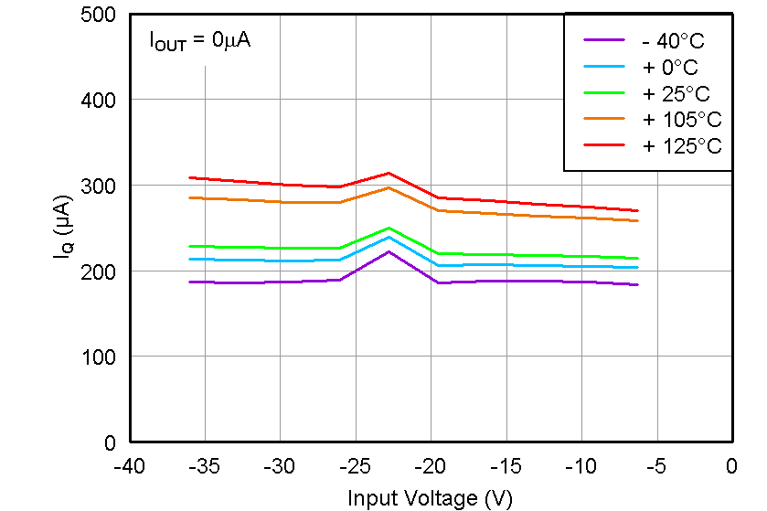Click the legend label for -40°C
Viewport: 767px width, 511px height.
click(x=674, y=40)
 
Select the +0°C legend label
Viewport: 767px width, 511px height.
click(x=669, y=67)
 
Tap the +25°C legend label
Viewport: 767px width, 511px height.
click(x=676, y=93)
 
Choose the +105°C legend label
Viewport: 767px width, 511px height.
click(x=681, y=119)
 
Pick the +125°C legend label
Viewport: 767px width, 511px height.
click(x=681, y=145)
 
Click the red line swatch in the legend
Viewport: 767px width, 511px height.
click(x=604, y=145)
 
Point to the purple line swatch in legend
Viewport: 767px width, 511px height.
click(x=604, y=40)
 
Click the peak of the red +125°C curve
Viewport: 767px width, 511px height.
click(x=389, y=173)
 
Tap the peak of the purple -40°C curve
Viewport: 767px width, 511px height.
click(x=389, y=251)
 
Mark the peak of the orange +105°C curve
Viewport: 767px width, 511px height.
click(x=389, y=187)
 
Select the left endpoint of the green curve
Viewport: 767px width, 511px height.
click(x=190, y=246)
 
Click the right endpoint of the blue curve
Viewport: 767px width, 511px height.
click(x=637, y=268)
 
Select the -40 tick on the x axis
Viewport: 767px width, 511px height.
click(x=129, y=466)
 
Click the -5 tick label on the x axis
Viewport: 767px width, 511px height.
click(x=655, y=466)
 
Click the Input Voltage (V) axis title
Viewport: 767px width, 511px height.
click(x=430, y=497)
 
